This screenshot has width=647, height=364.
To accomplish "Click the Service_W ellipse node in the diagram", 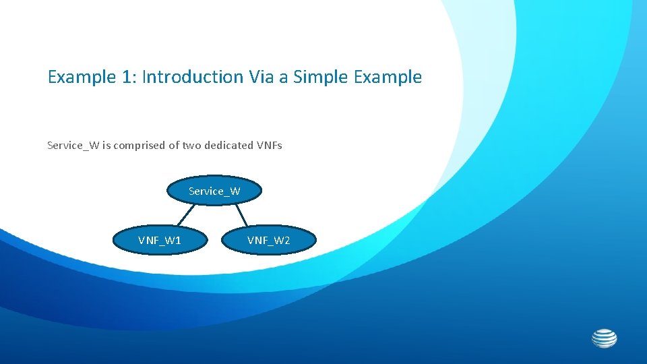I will pos(214,191).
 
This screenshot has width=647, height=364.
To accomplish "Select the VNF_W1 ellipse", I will pos(160,241).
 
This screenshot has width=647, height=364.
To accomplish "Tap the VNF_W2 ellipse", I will pos(268,241).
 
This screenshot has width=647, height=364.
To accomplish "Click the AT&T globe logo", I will pos(604,338).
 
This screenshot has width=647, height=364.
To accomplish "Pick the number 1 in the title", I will pos(126,77).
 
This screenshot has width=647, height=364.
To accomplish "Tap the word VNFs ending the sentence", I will pos(270,145).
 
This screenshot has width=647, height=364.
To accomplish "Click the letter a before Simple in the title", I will pos(283,78).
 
